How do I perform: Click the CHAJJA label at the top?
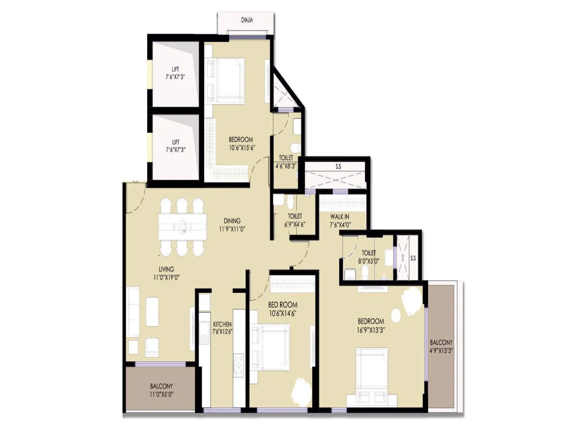coord(247,20)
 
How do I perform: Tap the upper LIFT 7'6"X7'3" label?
coord(175,73)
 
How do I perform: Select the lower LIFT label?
coord(175,146)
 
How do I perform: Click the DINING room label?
coord(232,225)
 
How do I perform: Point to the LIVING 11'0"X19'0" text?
coord(167,273)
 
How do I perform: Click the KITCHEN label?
coord(222,328)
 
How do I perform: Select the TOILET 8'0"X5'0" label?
coord(369,257)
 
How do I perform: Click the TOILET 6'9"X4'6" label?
coord(295,220)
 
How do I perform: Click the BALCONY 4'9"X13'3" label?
coord(441,347)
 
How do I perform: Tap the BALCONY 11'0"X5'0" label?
coord(162,390)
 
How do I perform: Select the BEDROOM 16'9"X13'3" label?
coord(371,325)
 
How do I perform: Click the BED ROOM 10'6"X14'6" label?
coord(283,309)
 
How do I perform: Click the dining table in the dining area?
coord(182,226)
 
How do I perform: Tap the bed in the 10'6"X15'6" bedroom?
coord(226,81)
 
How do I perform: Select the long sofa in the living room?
coord(133,311)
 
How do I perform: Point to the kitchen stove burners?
coord(238,365)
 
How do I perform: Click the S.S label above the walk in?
coord(338,167)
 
